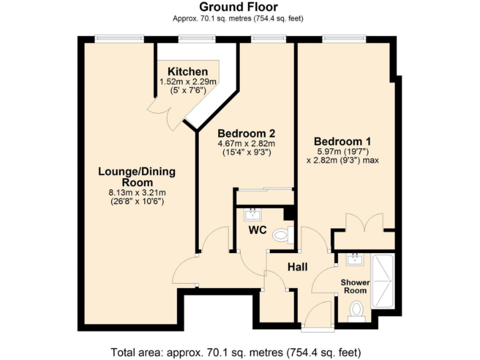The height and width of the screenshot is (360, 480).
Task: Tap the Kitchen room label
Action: coord(187,72)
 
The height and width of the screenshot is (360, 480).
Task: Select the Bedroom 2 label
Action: coord(246,134)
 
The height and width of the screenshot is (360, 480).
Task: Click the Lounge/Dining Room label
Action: coord(136,177)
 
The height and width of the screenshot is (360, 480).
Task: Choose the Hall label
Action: coord(297,267)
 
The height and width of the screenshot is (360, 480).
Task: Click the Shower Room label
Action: coord(355,286)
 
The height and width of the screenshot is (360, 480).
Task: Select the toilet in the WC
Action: coord(283,236)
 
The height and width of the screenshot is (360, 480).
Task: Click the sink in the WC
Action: coord(254,214)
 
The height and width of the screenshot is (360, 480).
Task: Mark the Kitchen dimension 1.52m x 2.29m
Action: coord(187,82)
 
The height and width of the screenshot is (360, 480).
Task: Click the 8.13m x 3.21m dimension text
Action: coord(136,192)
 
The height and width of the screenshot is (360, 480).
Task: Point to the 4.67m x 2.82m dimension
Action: coord(246,144)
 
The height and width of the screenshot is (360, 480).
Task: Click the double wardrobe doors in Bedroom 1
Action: coord(364,223)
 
